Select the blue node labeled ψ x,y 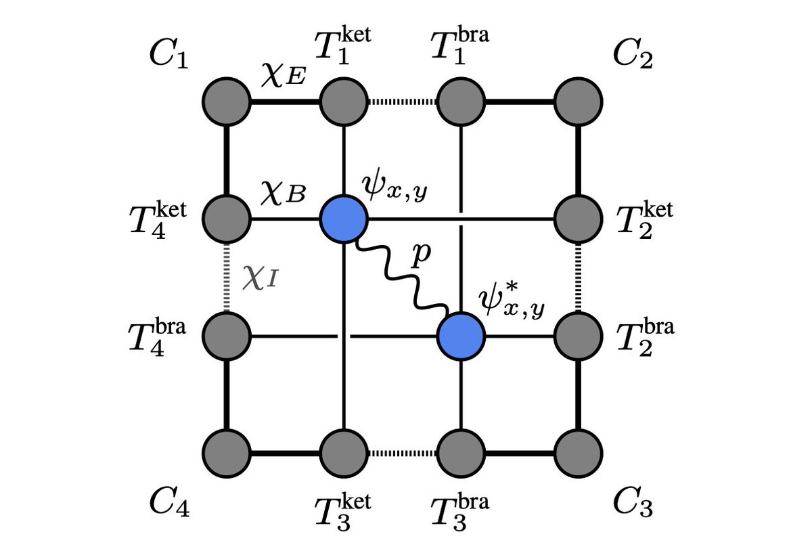[x=344, y=219]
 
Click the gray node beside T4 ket [x=226, y=219]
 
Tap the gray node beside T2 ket [x=578, y=219]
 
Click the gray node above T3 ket [x=344, y=450]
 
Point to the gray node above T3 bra [x=461, y=450]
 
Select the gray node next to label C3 [x=578, y=450]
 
